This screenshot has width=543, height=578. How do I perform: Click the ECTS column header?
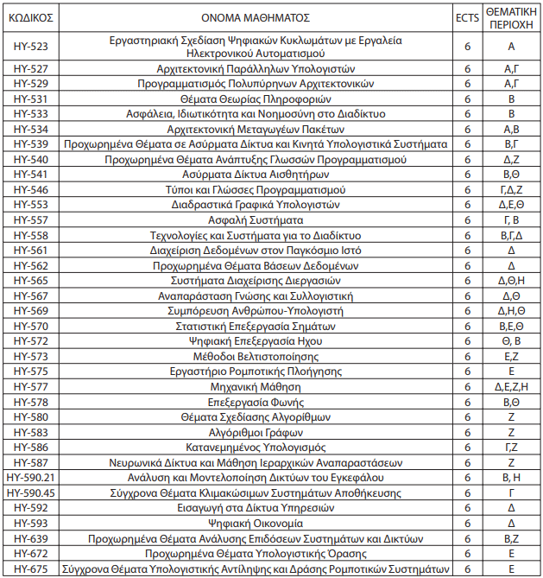pos(466,17)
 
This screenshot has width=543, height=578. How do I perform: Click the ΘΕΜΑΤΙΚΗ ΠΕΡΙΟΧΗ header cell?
pos(511,17)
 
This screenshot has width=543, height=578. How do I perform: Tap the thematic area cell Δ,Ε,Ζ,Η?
pos(511,386)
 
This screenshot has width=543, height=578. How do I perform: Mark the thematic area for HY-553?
pos(511,205)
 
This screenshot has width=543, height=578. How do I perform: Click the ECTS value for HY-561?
pos(466,250)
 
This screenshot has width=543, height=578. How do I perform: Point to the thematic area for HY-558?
pos(511,235)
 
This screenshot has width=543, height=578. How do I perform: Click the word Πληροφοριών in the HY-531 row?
pos(286,98)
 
